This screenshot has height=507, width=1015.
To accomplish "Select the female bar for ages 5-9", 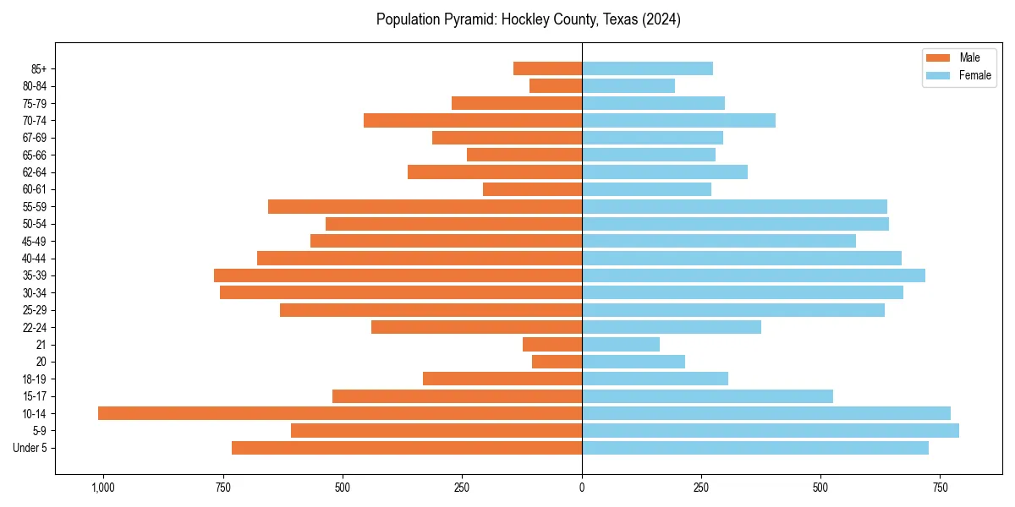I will tap(770, 431).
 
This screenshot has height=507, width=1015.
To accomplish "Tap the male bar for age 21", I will tap(552, 345).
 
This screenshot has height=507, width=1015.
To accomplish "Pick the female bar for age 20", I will tap(633, 362).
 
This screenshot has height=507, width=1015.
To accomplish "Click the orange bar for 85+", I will tap(547, 68).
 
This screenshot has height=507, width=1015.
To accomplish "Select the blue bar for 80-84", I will tap(628, 86).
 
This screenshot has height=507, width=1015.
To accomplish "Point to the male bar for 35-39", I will tap(398, 275).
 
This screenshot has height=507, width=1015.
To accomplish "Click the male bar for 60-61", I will tap(532, 189).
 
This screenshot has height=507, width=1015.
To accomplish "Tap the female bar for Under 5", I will tap(754, 448).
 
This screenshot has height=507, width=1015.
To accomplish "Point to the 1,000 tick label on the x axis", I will tap(103, 488).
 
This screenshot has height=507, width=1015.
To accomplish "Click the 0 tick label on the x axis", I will tap(582, 488).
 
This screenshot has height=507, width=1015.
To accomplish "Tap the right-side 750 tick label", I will tap(940, 488).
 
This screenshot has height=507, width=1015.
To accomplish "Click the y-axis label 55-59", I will tap(35, 207).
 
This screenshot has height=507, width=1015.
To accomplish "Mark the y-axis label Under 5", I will tap(30, 448).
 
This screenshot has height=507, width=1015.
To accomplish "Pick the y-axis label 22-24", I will tap(35, 328).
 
